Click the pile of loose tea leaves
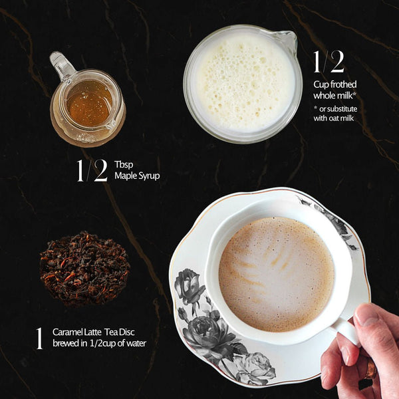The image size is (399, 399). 84,268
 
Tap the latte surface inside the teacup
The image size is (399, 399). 276,273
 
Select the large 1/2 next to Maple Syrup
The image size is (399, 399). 91,170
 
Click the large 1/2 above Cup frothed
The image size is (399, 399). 329,61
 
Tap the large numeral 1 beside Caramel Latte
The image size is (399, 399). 39,337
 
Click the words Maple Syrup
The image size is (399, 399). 137,176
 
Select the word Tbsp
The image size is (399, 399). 123,164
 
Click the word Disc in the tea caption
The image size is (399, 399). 130,331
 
